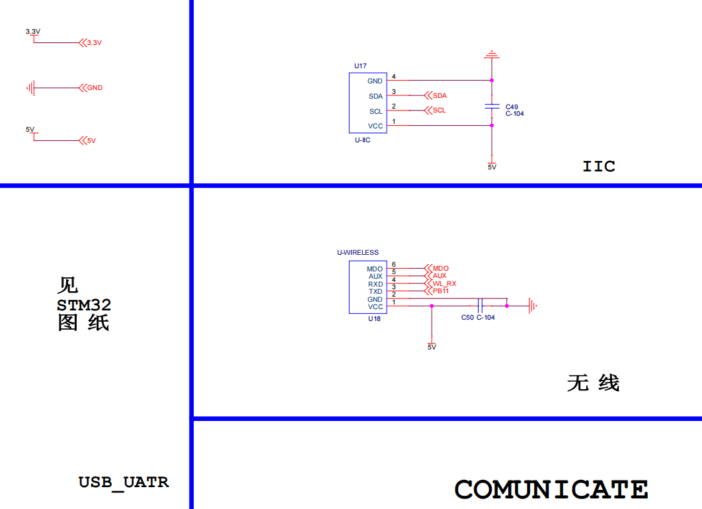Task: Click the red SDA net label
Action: point(440,96)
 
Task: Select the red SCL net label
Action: point(439,111)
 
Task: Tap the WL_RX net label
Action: point(444,283)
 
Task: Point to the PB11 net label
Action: point(441,291)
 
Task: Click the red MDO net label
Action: point(440,268)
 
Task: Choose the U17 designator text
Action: point(360,66)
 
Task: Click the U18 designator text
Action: point(374,318)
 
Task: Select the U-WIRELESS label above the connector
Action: point(358,252)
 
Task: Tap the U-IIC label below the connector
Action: point(362,140)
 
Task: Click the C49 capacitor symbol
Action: point(492,106)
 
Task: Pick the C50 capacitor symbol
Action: point(481,306)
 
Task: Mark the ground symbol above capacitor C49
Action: point(491,54)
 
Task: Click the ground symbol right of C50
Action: point(532,306)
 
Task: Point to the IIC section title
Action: point(599,166)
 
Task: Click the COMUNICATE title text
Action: point(551,490)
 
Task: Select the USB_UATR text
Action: point(124,482)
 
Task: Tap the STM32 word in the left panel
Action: point(84,305)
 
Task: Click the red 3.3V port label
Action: point(94,43)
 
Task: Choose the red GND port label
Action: point(95,87)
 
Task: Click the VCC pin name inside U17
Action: point(375,126)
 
